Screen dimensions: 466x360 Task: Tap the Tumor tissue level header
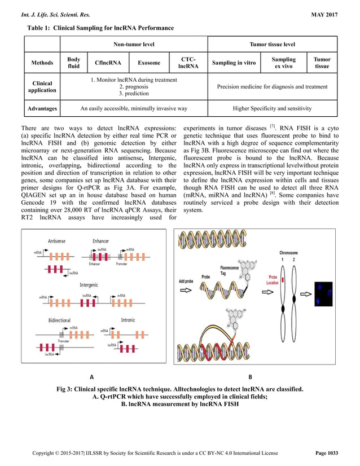(273, 44)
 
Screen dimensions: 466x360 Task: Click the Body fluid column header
(73, 64)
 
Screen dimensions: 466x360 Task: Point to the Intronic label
(128, 320)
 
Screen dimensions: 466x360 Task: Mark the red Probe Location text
(273, 280)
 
